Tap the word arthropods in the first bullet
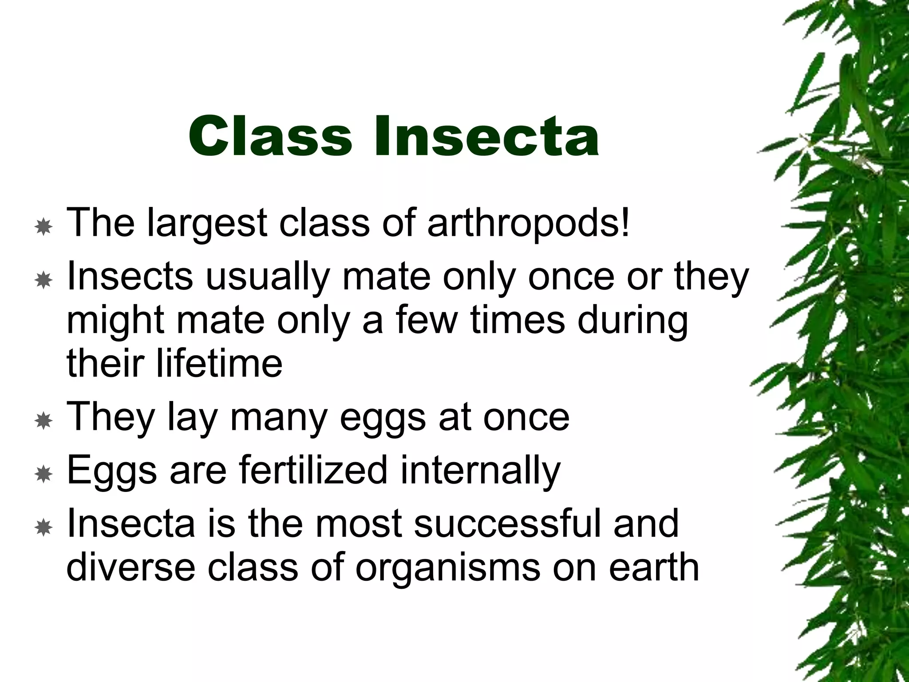coord(528,223)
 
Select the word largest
coord(207,223)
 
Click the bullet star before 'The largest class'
coord(43,227)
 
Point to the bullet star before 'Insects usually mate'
coord(43,281)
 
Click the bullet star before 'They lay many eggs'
coord(43,421)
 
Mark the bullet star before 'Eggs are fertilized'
coord(43,475)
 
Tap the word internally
coord(480,471)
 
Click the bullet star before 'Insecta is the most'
coord(43,528)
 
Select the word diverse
coord(131,567)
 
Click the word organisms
coord(447,567)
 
